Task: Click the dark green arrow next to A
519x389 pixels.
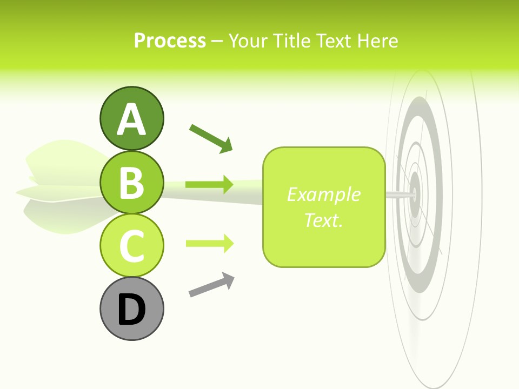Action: click(211, 138)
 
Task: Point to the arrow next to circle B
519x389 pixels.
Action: click(209, 185)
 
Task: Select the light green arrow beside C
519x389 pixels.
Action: click(209, 243)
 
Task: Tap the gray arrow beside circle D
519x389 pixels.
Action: click(211, 285)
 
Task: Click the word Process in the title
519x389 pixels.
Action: click(170, 41)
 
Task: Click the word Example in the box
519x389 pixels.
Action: click(323, 194)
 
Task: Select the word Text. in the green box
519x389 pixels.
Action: click(323, 220)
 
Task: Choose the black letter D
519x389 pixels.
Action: click(131, 310)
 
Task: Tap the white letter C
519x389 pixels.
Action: click(131, 246)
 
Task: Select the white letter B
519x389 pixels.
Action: click(131, 183)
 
